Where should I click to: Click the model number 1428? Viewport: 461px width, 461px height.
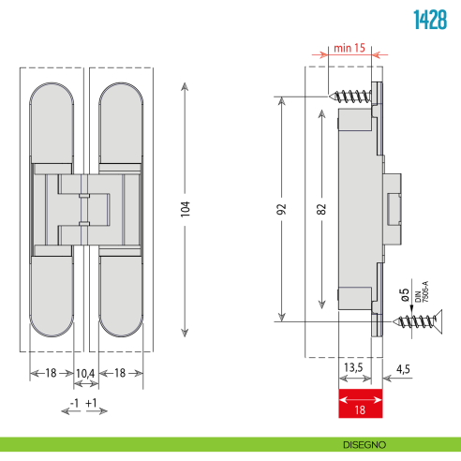tap(430, 22)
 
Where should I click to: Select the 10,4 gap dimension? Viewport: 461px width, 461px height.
tap(85, 373)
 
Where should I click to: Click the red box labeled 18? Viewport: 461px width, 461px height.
tap(359, 407)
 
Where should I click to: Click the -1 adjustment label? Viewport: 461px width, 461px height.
tap(74, 404)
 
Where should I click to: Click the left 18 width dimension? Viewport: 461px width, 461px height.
tap(51, 373)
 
